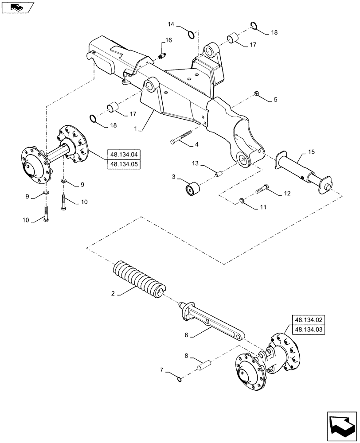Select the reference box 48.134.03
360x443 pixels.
[x=308, y=330]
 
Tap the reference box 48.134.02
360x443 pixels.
[x=308, y=319]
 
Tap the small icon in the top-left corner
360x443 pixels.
[x=17, y=7]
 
